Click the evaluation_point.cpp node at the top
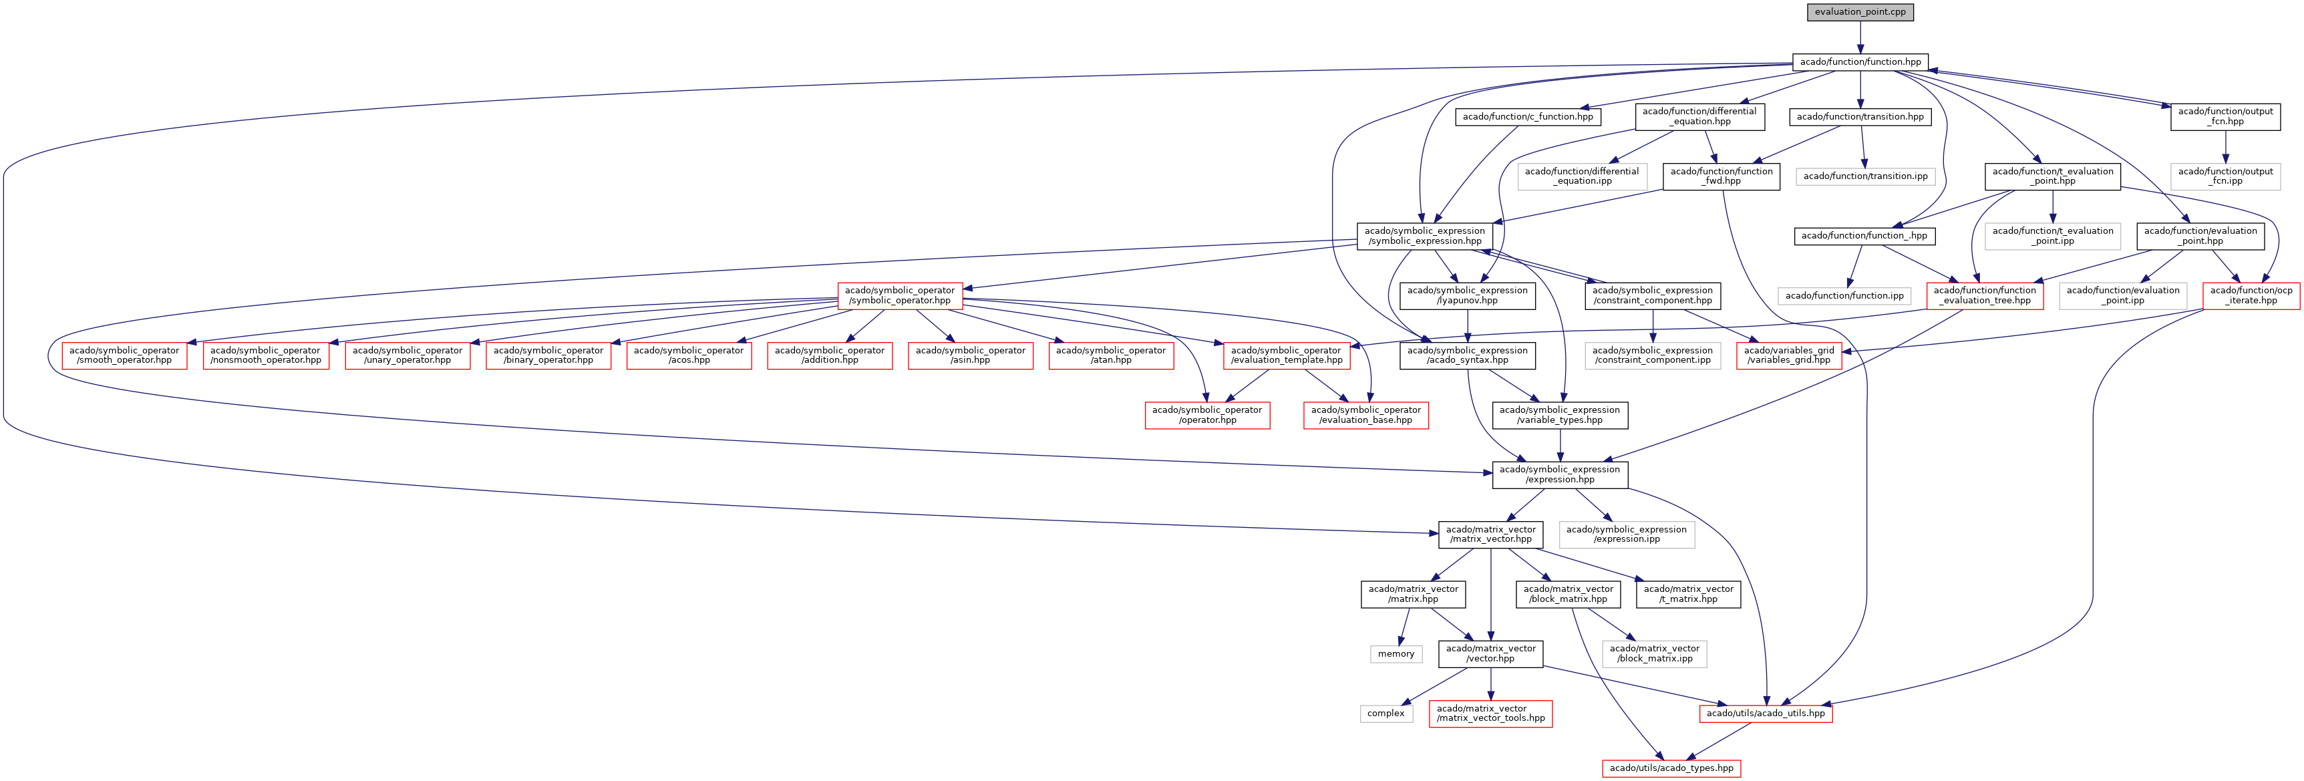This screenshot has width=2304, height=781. pos(1860,11)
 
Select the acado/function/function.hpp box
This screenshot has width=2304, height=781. pos(1860,61)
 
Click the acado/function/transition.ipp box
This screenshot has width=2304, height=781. pos(1865,176)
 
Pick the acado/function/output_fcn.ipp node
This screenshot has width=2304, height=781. pos(2225,176)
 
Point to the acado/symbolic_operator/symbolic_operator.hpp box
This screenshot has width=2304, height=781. pos(899,295)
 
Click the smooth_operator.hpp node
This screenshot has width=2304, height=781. pos(124,355)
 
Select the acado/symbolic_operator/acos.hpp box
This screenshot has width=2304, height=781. pos(688,355)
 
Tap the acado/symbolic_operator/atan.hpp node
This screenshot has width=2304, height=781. pos(1110,355)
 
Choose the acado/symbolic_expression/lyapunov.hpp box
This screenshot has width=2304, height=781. pos(1467,295)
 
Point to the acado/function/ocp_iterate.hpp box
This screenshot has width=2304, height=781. pos(2251,295)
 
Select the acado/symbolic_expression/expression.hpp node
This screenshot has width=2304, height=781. pos(1559,474)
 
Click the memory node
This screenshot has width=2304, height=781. pos(1395,654)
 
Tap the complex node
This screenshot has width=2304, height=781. pos(1385,713)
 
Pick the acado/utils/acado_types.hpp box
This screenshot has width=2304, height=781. pos(1671,768)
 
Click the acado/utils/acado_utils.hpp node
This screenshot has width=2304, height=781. pos(1765,713)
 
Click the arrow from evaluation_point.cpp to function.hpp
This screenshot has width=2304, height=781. pos(1860,37)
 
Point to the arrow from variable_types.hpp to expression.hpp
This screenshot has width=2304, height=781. pos(1560,445)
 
